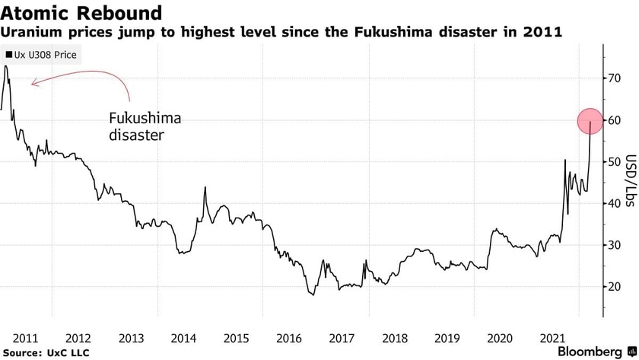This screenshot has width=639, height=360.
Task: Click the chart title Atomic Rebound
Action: (x=81, y=13)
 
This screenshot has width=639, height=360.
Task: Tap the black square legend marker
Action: (x=8, y=56)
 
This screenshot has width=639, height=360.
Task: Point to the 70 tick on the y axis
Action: (x=613, y=78)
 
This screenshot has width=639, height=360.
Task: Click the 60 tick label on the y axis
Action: (x=613, y=120)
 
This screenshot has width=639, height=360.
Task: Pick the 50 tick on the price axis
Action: (x=613, y=162)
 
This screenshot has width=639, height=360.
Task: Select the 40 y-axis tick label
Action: (x=613, y=203)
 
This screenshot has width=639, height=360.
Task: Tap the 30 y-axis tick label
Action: (x=613, y=245)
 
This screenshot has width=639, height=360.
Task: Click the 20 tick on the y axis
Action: (x=613, y=287)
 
